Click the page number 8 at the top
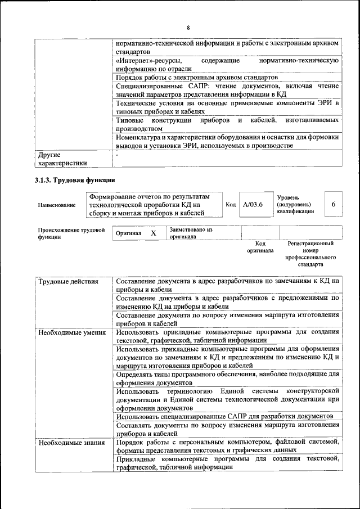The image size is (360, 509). (188, 28)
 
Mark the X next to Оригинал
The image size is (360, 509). (153, 233)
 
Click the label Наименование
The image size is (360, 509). (56, 205)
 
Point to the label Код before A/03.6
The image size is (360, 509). (230, 205)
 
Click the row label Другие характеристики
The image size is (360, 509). (62, 159)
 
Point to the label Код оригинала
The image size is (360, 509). (260, 247)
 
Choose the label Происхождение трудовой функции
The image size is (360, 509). (71, 233)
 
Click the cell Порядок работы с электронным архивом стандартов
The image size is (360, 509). (197, 76)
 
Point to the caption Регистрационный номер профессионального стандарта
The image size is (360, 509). (310, 254)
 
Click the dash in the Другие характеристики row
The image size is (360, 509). (117, 154)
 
